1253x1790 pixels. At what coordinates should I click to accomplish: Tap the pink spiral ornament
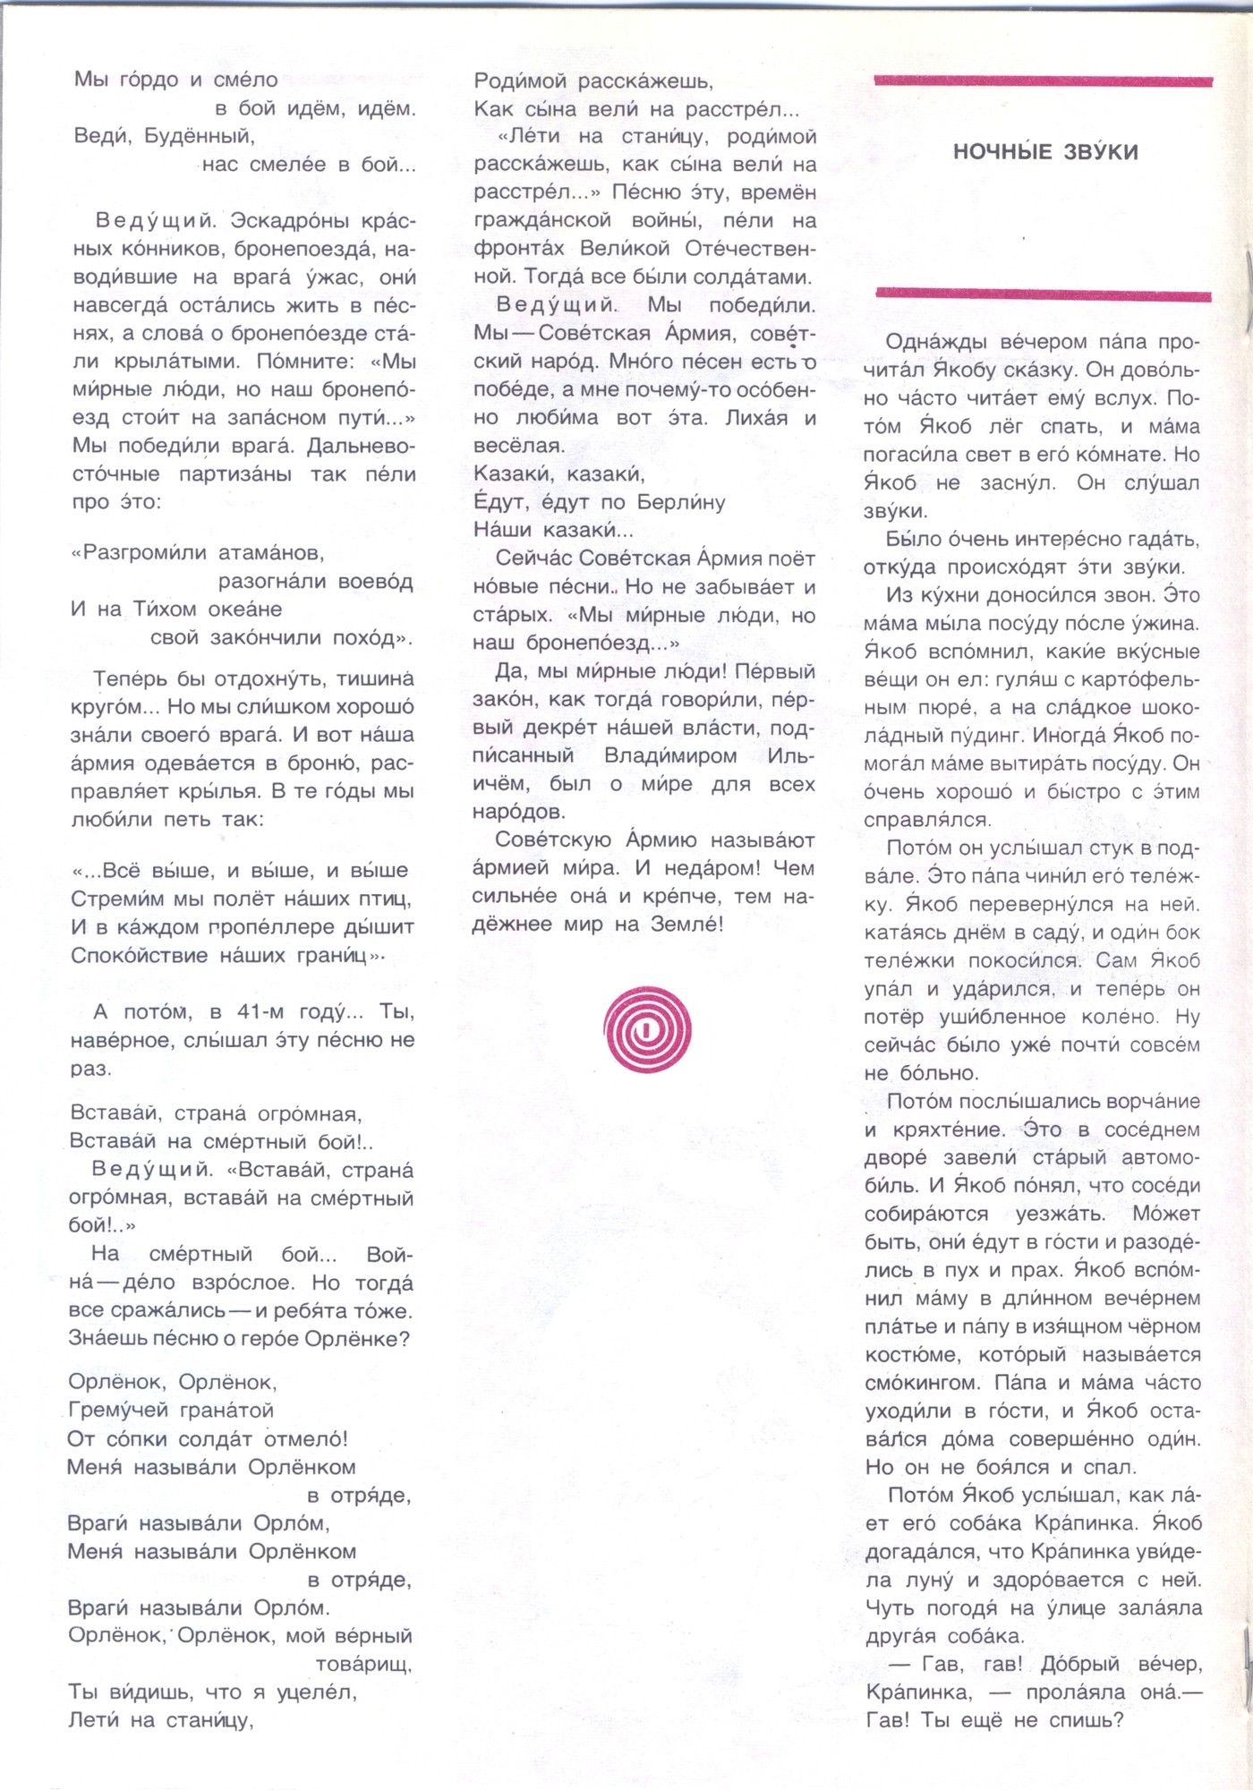pyautogui.click(x=648, y=1029)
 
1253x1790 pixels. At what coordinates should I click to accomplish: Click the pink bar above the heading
pyautogui.click(x=1043, y=81)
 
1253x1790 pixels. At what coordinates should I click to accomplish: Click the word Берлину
pyautogui.click(x=681, y=502)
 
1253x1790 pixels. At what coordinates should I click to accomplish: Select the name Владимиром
pyautogui.click(x=670, y=756)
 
